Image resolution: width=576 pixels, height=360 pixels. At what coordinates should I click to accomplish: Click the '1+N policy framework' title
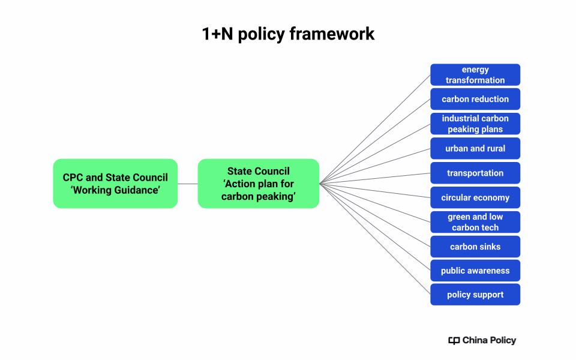tap(288, 34)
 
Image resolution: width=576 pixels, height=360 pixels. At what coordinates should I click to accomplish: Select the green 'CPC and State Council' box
tap(115, 184)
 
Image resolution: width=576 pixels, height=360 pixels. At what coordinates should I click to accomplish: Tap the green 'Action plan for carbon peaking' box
tap(258, 184)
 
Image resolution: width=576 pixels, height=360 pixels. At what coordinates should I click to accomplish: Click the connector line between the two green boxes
tap(188, 184)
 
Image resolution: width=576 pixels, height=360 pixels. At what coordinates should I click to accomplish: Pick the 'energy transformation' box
tap(475, 75)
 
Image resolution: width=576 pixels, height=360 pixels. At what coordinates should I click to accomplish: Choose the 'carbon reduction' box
tap(475, 99)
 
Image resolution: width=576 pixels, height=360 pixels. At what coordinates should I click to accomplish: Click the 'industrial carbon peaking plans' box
tap(475, 124)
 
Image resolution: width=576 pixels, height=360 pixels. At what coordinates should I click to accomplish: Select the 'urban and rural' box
tap(475, 148)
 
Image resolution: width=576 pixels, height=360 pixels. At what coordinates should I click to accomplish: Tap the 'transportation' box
tap(475, 173)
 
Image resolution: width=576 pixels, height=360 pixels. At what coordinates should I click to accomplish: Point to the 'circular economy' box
tap(475, 197)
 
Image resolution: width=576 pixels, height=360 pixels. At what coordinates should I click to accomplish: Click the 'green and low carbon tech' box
tap(475, 222)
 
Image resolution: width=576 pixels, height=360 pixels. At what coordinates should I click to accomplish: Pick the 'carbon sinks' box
tap(475, 247)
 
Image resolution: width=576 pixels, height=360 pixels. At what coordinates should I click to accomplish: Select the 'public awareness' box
tap(475, 271)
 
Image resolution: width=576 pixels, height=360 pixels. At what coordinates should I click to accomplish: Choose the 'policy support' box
tap(475, 295)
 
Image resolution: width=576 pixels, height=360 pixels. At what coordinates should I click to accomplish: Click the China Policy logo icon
tap(454, 341)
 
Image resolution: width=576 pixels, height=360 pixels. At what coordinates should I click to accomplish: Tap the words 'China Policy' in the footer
tap(489, 340)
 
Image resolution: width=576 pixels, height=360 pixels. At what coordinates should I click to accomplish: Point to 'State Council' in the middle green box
tap(258, 171)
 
